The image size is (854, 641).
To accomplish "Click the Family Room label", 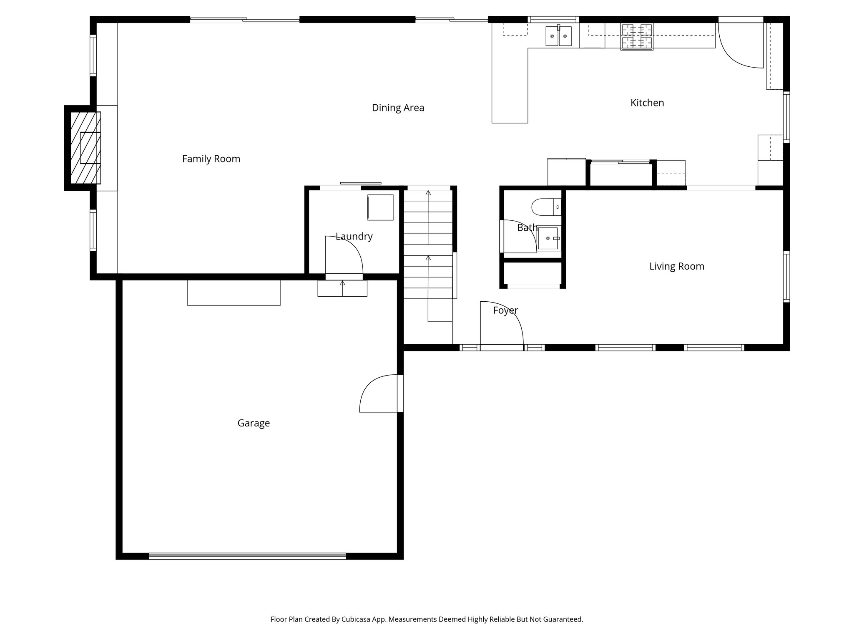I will (x=211, y=159).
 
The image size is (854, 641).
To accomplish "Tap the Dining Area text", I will (x=398, y=108).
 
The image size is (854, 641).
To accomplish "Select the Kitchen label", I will (x=647, y=103).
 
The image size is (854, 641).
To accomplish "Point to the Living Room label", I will (x=676, y=266).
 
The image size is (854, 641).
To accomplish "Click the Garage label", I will (x=254, y=423).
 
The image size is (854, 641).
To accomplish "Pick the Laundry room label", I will (x=354, y=236).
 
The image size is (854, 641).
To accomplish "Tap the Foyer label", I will (x=505, y=310).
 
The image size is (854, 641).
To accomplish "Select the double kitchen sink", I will (x=558, y=36).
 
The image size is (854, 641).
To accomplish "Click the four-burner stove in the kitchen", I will (x=636, y=37).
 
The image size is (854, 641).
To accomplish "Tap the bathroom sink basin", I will (x=548, y=238).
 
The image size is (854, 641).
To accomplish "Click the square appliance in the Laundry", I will (x=380, y=207).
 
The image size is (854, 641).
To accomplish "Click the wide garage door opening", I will (x=247, y=556).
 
